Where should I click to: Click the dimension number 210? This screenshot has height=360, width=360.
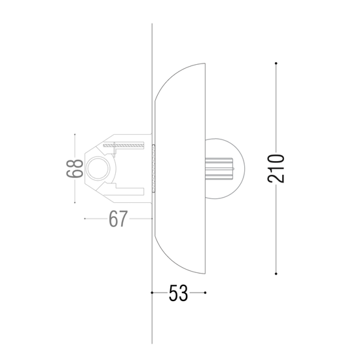276,168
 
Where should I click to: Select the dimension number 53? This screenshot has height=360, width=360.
178,293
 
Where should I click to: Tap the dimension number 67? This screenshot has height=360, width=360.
118,219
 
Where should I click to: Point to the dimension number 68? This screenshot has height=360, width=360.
75,168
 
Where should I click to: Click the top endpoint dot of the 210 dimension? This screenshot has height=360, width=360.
276,63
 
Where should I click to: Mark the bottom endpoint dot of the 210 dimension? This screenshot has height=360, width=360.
276,274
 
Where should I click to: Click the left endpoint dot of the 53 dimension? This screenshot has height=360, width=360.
152,293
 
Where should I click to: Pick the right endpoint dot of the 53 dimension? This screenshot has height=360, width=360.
205,293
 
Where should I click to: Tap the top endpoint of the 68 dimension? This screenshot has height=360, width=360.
75,134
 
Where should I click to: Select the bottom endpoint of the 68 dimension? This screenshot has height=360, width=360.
75,203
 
